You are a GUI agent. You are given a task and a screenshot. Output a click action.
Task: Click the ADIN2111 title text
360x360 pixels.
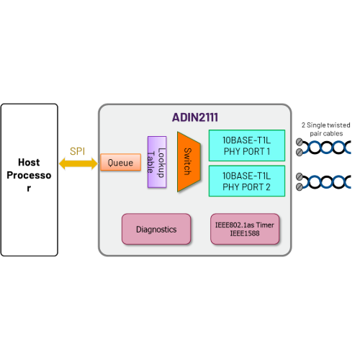coord(194,117)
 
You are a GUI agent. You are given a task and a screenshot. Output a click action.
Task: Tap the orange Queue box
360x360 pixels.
coord(120,163)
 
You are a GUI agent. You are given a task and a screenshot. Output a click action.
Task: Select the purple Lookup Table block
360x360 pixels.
coord(157,163)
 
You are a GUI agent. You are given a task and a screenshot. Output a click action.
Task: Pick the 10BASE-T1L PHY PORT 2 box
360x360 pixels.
coord(246,180)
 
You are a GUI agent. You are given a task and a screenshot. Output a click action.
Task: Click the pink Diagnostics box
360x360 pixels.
coord(156,228)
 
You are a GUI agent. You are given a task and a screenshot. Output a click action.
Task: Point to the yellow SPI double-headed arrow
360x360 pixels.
coord(78,164)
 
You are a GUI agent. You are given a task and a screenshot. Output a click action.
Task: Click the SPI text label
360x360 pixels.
coord(78,151)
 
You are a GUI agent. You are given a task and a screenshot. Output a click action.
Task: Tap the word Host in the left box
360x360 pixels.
coord(29,163)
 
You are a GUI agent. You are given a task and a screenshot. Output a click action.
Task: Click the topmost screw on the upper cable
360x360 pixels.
coord(298,143)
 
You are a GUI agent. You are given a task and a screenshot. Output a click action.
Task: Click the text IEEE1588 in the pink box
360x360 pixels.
coord(244,234)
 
